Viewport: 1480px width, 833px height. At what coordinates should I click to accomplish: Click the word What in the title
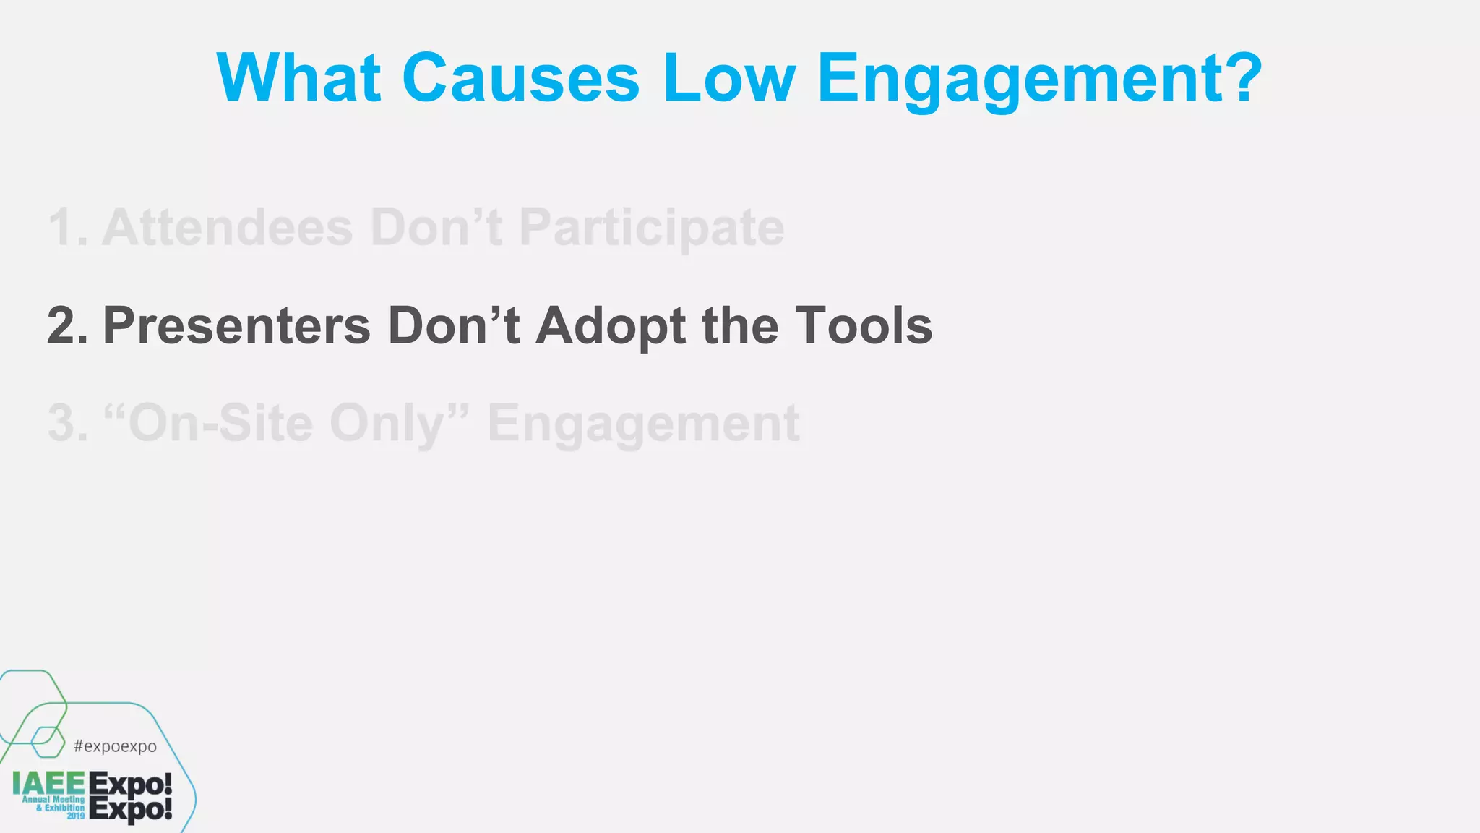[298, 78]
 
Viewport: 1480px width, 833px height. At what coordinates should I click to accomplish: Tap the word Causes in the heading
[520, 78]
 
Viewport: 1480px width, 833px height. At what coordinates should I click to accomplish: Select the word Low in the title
[728, 78]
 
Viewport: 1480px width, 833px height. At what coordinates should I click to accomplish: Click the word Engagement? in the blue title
[1039, 80]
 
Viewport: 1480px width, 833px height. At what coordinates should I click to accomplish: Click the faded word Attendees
[227, 228]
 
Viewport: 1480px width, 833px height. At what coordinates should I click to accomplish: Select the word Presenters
[236, 326]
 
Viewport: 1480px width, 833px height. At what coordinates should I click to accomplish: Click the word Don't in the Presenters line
[453, 326]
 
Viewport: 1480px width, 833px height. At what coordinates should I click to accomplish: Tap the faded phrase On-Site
[208, 424]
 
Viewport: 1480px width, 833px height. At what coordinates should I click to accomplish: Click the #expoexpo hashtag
[115, 746]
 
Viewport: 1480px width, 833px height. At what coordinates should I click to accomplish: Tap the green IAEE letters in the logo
[48, 783]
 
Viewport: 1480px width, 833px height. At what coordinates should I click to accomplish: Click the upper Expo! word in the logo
[130, 784]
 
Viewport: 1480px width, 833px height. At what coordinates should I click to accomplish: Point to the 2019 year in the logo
[76, 816]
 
